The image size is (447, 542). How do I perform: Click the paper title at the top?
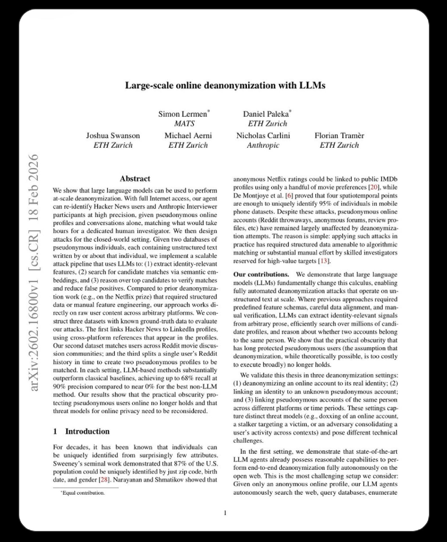[225, 85]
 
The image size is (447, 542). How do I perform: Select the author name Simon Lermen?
[183, 114]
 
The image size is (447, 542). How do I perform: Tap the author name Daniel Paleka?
[266, 114]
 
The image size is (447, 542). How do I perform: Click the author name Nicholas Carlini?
[263, 135]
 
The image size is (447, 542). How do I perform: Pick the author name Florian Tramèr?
[339, 135]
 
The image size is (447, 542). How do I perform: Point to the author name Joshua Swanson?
[113, 135]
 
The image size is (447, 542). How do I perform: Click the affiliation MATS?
[184, 124]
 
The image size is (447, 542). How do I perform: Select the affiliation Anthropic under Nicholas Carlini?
[263, 145]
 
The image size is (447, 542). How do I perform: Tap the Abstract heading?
[135, 179]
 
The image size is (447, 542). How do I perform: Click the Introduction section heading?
[87, 431]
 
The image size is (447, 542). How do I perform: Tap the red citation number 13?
[324, 261]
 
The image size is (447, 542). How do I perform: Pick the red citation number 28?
[104, 480]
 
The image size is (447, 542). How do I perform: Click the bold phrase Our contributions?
[261, 274]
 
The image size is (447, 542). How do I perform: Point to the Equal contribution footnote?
[83, 493]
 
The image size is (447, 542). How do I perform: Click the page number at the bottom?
[225, 513]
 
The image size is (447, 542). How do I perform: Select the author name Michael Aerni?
[188, 135]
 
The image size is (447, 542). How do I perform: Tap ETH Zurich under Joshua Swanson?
[113, 145]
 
